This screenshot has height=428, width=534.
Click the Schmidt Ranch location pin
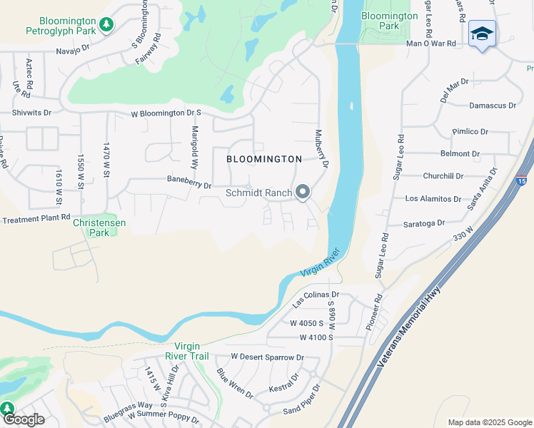coord(303,193)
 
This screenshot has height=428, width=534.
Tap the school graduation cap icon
coord(482,34)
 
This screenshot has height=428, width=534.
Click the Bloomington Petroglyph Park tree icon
coord(106,25)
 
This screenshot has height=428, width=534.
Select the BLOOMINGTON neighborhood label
coord(264,159)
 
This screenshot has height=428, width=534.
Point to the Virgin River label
coord(318,267)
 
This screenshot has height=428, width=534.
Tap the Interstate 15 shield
coord(523,181)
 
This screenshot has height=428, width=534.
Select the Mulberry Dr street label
coord(321,148)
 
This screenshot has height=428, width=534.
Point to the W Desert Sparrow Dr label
coord(267,357)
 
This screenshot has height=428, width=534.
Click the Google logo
coord(23,419)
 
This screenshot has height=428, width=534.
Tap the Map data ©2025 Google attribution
coord(490,422)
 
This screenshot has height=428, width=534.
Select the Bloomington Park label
coord(389,21)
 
